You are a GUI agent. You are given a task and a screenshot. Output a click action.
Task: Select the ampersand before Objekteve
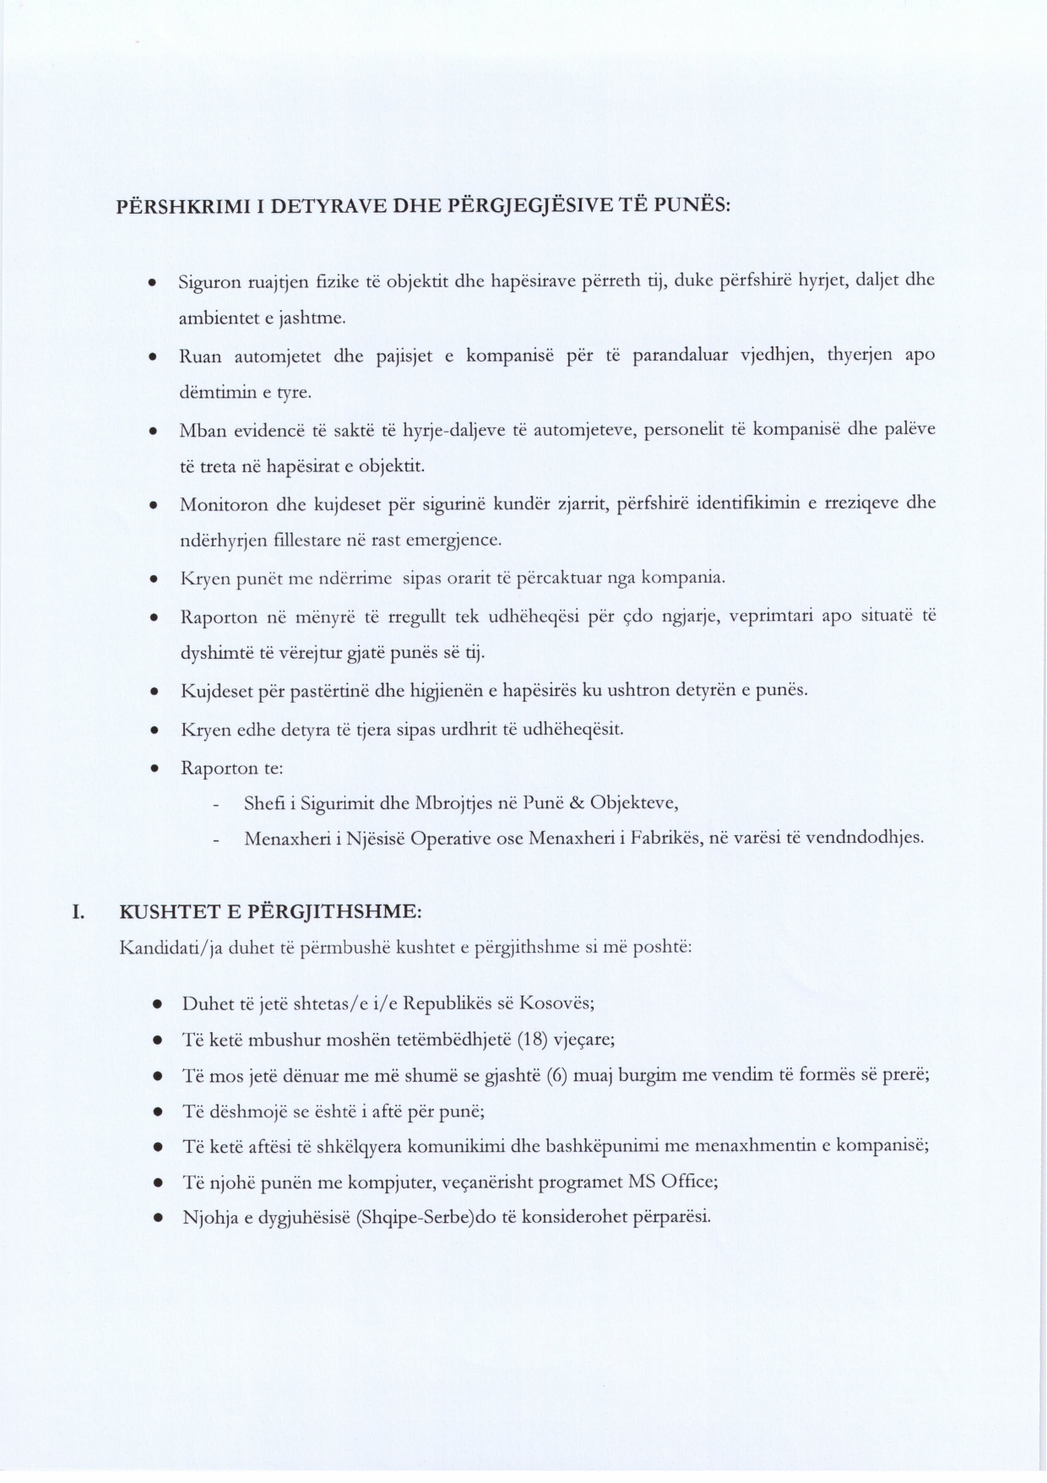click(x=577, y=802)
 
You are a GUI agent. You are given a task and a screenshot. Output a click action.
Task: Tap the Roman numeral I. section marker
click(x=78, y=912)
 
